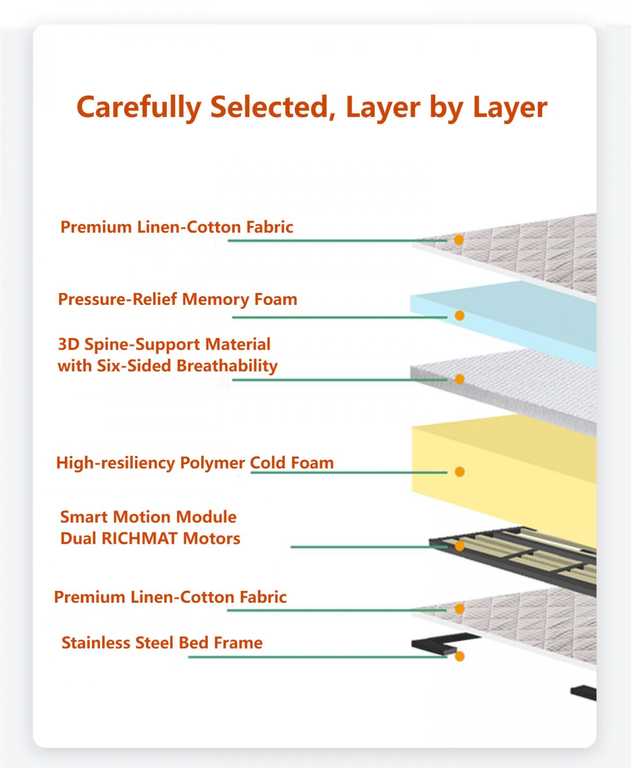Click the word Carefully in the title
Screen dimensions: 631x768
coord(139,107)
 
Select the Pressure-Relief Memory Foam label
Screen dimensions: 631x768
coord(177,299)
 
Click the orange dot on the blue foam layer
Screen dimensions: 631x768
coord(459,315)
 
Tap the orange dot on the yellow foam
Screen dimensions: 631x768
coord(459,472)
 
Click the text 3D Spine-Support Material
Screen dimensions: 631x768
coord(164,344)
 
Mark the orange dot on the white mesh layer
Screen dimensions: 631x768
coord(459,379)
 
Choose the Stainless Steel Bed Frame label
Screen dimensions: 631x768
coord(162,643)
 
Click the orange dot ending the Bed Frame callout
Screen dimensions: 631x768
coord(459,657)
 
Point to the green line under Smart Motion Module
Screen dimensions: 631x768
coord(369,547)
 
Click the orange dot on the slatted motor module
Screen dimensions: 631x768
coord(459,546)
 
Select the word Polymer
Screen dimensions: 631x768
coord(213,463)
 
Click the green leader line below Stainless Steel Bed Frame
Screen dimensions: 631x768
coord(318,657)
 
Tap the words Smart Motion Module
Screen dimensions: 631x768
coord(149,517)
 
